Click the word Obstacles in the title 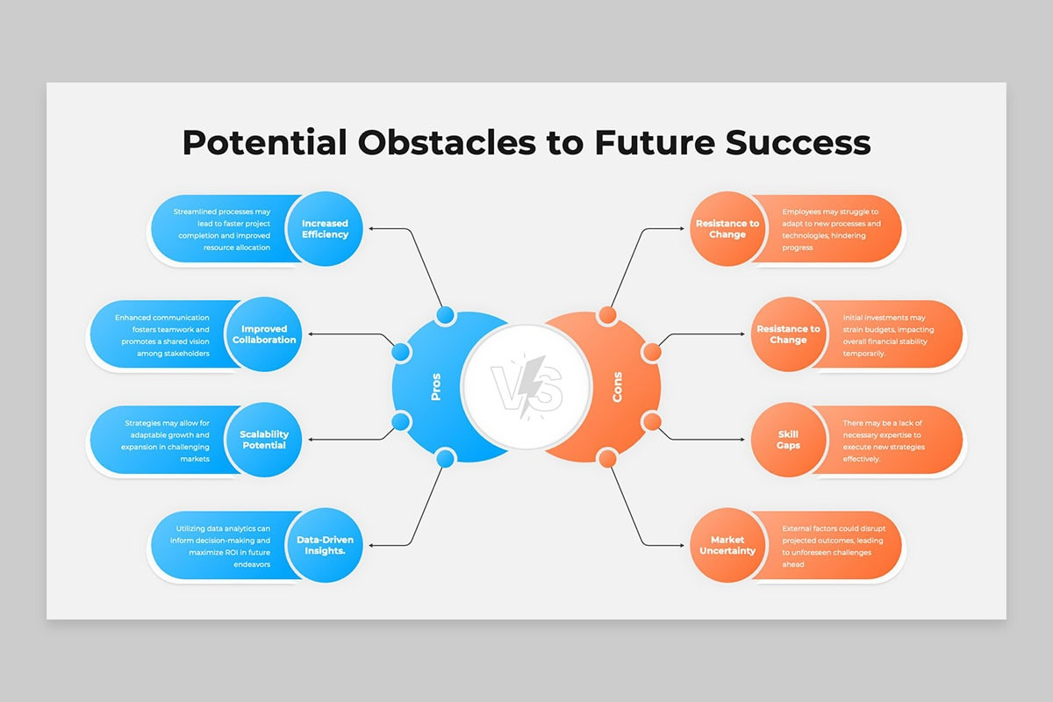[x=447, y=142]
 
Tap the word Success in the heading [x=798, y=142]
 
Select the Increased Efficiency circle [x=326, y=229]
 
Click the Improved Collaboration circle [x=264, y=334]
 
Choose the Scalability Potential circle [x=264, y=440]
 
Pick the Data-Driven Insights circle [x=326, y=546]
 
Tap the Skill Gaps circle [x=788, y=440]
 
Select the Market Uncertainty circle [x=727, y=546]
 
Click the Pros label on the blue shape [x=436, y=387]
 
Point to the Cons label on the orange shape [x=617, y=387]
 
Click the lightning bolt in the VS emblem [x=531, y=385]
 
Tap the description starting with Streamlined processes [x=223, y=229]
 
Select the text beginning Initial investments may [x=888, y=335]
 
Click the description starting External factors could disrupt [x=834, y=547]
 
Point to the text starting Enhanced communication [x=162, y=335]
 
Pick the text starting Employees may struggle [x=831, y=229]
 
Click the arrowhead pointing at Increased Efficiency [x=371, y=229]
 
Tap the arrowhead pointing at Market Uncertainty [x=682, y=546]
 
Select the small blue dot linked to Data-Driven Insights [x=445, y=458]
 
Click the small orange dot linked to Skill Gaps [x=652, y=422]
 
